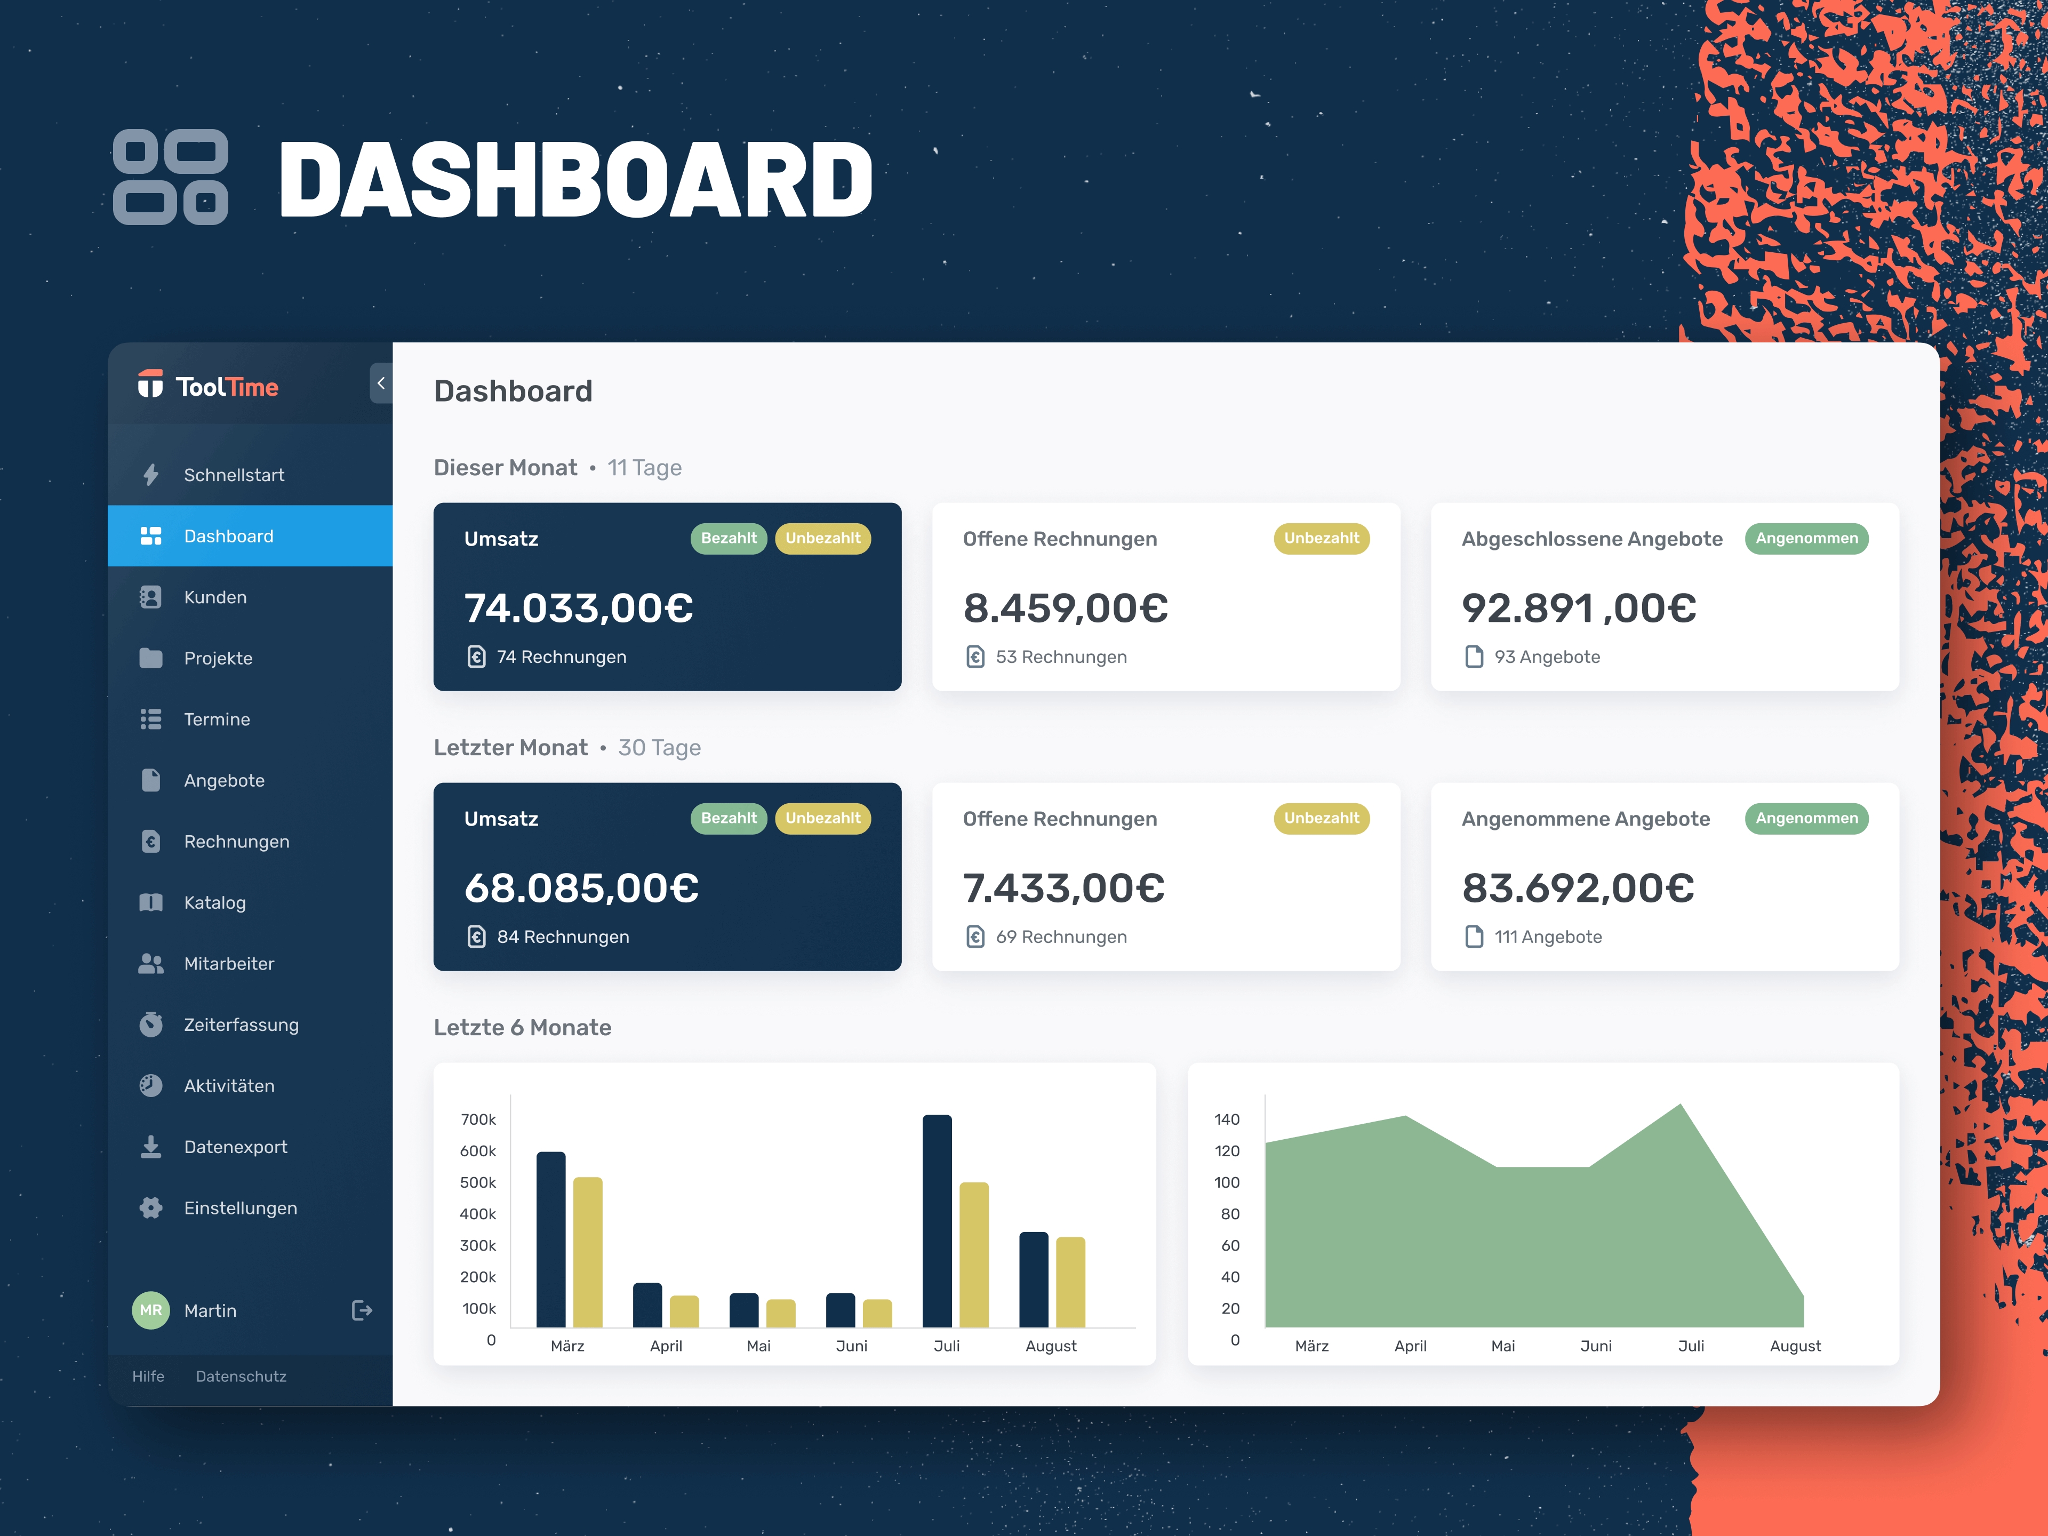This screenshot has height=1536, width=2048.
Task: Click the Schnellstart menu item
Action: pos(233,475)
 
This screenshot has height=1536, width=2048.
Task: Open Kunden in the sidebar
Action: pos(215,597)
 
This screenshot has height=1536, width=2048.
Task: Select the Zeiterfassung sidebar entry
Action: pos(241,1025)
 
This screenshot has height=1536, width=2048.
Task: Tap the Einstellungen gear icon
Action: pos(151,1207)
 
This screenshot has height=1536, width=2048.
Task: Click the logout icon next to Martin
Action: pos(362,1310)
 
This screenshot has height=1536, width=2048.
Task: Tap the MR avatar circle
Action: pos(151,1310)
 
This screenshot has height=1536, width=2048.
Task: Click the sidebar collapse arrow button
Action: pos(380,383)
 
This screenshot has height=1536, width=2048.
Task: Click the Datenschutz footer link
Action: pos(241,1376)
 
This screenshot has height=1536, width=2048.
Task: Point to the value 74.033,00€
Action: pos(579,609)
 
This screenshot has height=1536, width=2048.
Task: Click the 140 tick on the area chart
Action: pos(1227,1119)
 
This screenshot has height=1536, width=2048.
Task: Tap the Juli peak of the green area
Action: pos(1681,1107)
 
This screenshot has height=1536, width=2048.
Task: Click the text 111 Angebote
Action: pos(1547,937)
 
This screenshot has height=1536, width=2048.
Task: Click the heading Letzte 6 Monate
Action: pos(522,1028)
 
